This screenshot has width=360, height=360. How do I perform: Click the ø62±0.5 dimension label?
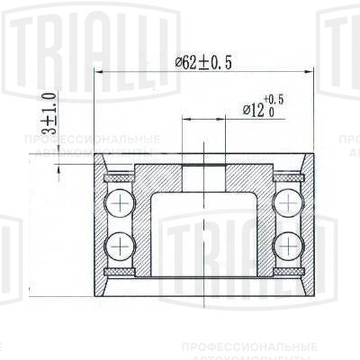(206, 62)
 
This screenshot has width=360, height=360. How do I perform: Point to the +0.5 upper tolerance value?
(274, 99)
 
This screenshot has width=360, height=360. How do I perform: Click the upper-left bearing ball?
(117, 203)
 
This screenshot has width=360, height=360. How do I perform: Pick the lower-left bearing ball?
(117, 242)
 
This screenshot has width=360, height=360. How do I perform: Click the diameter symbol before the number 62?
(180, 62)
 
